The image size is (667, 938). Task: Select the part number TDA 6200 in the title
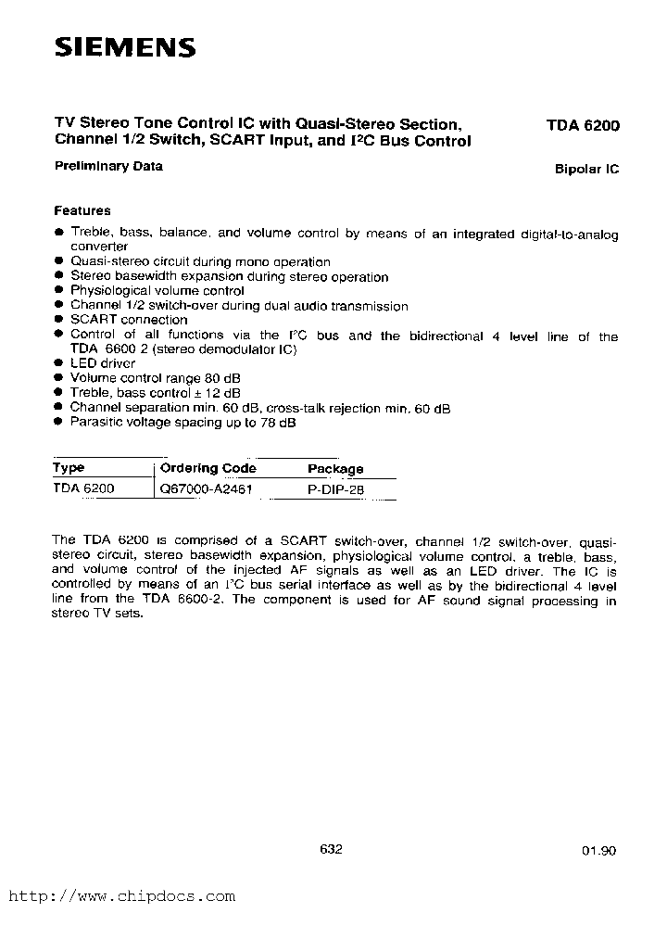582,124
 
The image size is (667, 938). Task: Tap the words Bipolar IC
586,170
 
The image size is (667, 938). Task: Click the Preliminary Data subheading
108,167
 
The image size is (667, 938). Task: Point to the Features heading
82,210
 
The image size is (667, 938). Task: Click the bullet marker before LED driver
58,364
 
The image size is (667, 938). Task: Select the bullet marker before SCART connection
58,320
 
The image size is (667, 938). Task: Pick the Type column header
69,468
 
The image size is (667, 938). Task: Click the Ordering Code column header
208,468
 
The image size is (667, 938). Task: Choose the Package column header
335,469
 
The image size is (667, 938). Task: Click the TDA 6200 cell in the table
84,488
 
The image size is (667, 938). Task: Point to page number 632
331,849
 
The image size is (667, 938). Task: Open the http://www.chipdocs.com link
121,896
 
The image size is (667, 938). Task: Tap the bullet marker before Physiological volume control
58,291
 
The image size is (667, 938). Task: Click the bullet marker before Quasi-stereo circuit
58,262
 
